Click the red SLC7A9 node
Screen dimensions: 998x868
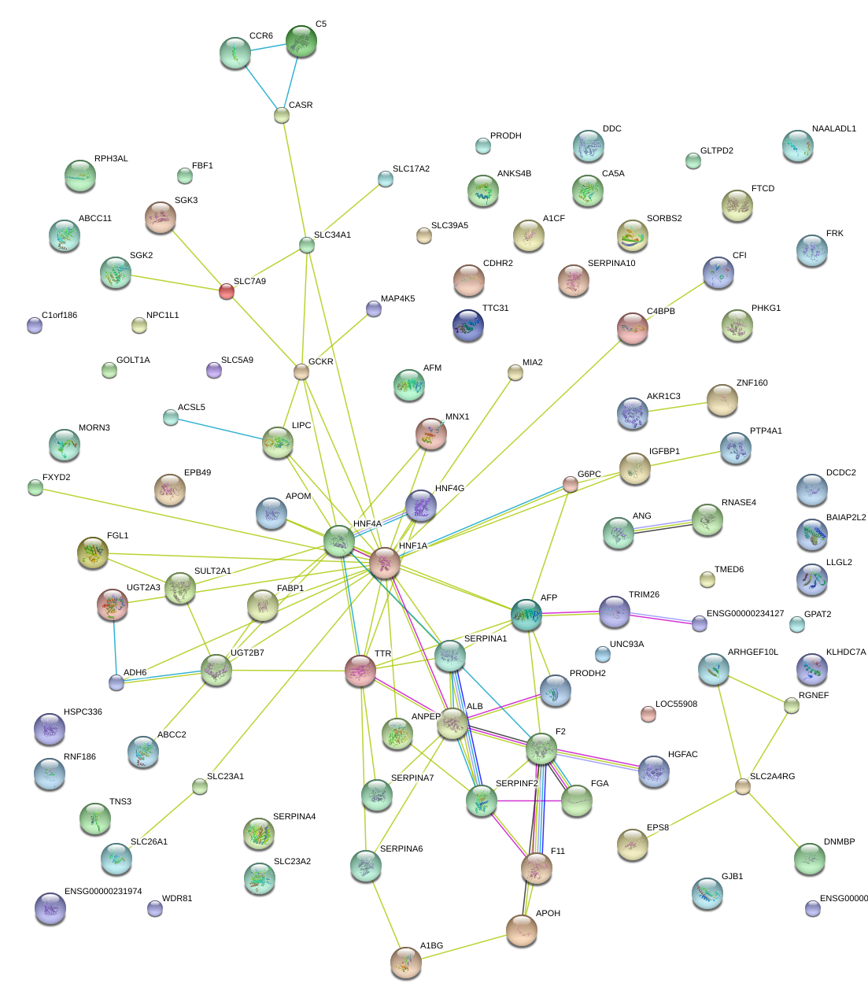[x=226, y=291]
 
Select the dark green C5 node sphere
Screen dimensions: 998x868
[x=301, y=41]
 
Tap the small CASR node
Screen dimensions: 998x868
[x=282, y=115]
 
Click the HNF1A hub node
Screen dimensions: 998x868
[x=385, y=563]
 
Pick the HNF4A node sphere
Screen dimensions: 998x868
[x=339, y=541]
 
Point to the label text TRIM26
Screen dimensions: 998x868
[x=644, y=595]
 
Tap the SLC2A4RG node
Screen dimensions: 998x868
[x=742, y=785]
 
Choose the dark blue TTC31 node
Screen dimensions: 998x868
[x=468, y=325]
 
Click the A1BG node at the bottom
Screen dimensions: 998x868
[x=406, y=961]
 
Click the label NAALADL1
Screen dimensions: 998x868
[x=833, y=129]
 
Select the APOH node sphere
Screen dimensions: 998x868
[x=521, y=930]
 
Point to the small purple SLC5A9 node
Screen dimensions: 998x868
[x=213, y=369]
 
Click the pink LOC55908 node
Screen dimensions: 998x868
[x=648, y=714]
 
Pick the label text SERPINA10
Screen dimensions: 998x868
[x=611, y=264]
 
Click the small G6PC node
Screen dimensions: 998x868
[x=571, y=484]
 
